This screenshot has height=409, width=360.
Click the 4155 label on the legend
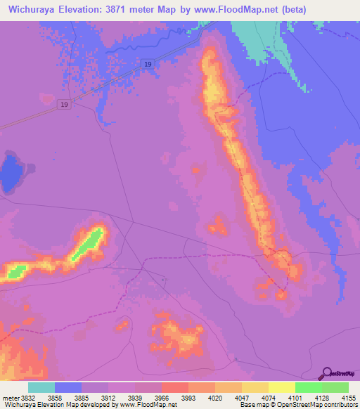point(349,398)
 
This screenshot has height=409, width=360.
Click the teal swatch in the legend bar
point(41,387)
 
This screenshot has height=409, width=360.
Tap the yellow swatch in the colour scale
point(281,387)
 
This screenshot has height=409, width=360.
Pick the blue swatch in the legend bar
point(67,387)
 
